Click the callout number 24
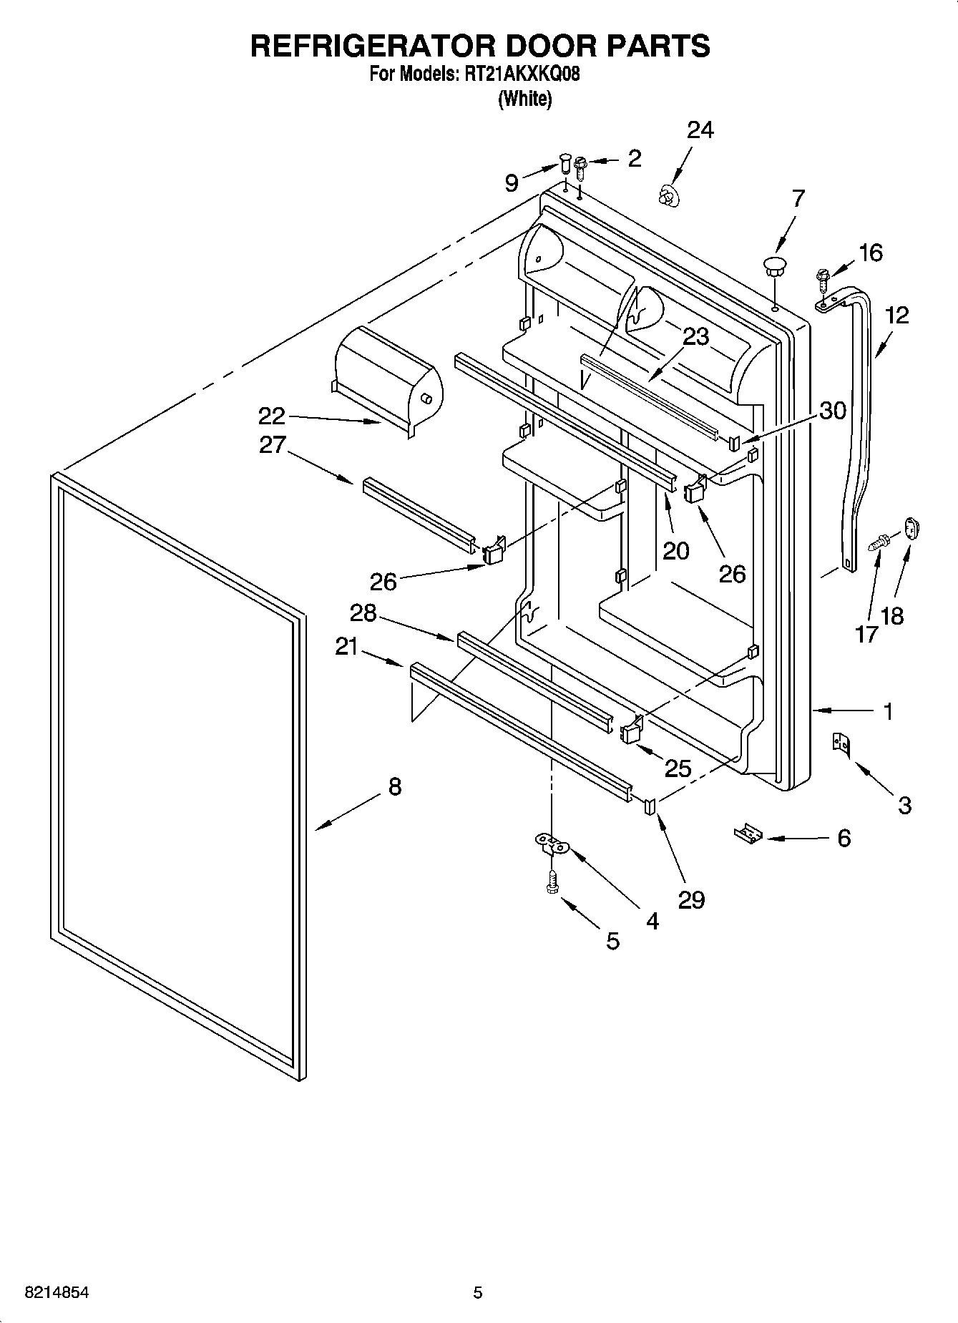[x=700, y=130]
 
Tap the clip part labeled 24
[x=668, y=195]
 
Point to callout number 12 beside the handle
[x=896, y=315]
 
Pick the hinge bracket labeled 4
[x=552, y=844]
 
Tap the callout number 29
[x=691, y=899]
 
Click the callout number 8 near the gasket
[x=394, y=787]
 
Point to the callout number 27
[x=272, y=445]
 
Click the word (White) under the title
[x=524, y=99]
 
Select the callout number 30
[x=832, y=410]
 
